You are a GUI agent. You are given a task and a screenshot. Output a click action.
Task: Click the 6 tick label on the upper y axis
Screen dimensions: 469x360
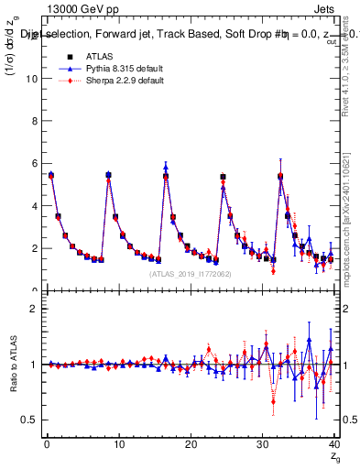point(35,163)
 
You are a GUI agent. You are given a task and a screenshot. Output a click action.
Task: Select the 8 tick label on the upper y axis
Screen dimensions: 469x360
point(35,121)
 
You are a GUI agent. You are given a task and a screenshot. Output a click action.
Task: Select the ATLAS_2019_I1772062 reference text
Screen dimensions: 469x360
point(191,273)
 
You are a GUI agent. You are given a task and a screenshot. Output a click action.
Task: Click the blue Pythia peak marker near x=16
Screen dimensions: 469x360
point(166,167)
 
